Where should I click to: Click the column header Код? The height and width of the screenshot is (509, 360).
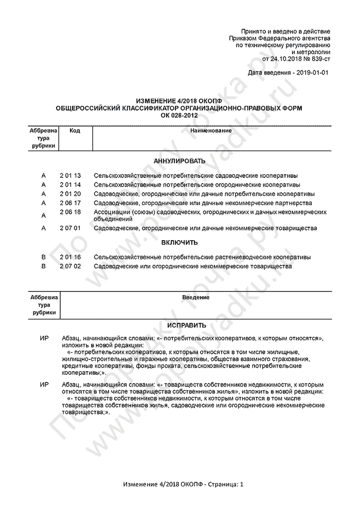(x=75, y=131)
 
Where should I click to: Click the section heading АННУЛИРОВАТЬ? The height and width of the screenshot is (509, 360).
(x=179, y=161)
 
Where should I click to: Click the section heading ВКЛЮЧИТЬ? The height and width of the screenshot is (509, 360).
(x=179, y=242)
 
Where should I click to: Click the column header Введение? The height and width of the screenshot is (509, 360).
(x=196, y=297)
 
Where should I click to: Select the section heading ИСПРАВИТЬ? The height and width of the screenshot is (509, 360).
(x=179, y=325)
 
